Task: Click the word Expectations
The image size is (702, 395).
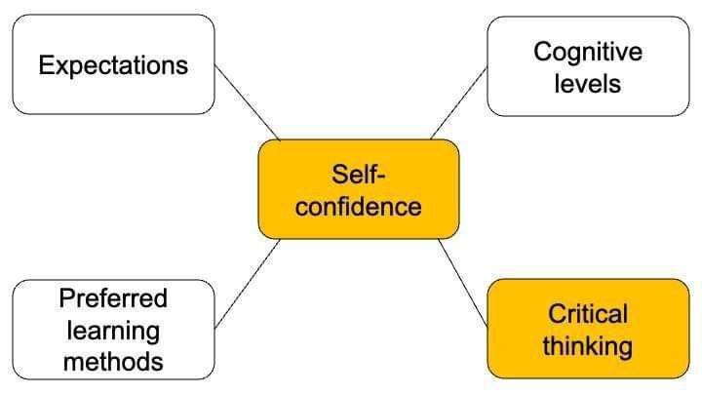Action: pyautogui.click(x=113, y=65)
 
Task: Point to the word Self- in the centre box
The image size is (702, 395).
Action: pyautogui.click(x=359, y=176)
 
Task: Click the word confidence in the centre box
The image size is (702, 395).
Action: pyautogui.click(x=359, y=207)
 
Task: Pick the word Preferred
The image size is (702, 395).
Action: pyautogui.click(x=113, y=297)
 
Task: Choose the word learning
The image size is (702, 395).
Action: pyautogui.click(x=113, y=330)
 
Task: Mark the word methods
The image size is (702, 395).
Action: pyautogui.click(x=113, y=362)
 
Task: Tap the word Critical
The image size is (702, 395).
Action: pyautogui.click(x=588, y=314)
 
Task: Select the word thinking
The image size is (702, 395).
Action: pyautogui.click(x=588, y=345)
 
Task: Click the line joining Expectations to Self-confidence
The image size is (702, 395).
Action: pyautogui.click(x=247, y=102)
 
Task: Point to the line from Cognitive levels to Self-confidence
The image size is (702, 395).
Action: pyautogui.click(x=458, y=102)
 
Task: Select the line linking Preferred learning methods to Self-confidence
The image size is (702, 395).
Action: pyautogui.click(x=247, y=284)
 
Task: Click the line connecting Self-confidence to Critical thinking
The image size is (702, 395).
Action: pyautogui.click(x=462, y=282)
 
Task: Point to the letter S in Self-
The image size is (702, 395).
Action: pyautogui.click(x=338, y=176)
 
